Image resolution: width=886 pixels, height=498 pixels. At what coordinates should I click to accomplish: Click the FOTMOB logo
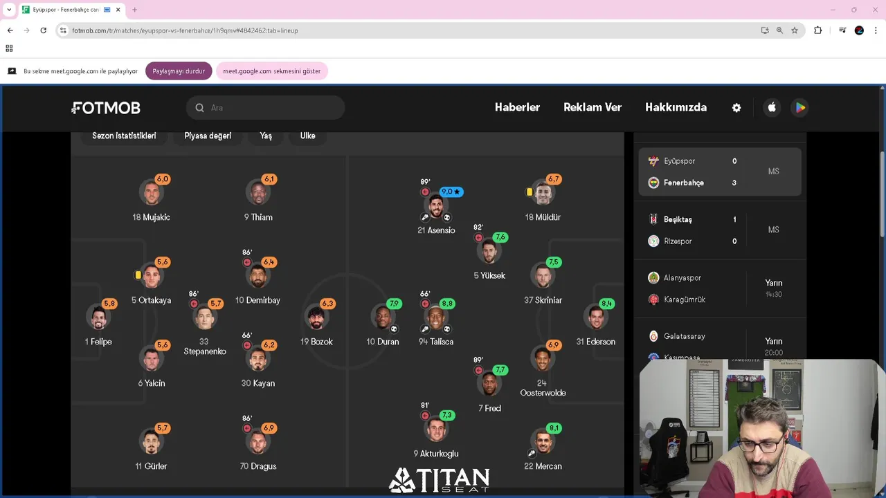tap(107, 108)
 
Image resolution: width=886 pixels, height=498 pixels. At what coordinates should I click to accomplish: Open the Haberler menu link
tap(517, 107)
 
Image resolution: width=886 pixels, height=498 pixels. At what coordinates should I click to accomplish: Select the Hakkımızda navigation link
tap(676, 107)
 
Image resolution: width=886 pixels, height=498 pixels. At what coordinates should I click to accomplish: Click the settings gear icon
tap(736, 108)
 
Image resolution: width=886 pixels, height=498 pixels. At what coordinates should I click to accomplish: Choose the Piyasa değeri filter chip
tap(208, 136)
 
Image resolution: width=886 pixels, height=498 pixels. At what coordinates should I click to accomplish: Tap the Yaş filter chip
tap(266, 136)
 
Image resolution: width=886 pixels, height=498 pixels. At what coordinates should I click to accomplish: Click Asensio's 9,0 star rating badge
tap(451, 192)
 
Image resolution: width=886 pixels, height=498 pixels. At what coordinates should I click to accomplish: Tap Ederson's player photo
tap(596, 317)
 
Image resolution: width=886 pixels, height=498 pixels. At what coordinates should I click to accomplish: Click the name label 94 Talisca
tap(436, 342)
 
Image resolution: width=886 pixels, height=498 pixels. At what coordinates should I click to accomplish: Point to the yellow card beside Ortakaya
tap(138, 275)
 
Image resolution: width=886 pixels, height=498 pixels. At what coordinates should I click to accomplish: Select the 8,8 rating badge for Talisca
tap(446, 304)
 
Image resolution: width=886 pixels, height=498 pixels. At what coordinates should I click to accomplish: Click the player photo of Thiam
tap(258, 193)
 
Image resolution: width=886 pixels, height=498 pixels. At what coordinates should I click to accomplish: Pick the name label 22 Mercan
tap(543, 466)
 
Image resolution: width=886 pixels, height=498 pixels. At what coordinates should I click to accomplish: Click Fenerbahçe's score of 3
tap(734, 183)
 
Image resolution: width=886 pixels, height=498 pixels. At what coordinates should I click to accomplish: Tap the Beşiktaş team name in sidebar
tap(678, 219)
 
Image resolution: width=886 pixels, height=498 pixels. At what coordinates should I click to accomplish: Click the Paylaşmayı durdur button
tap(179, 71)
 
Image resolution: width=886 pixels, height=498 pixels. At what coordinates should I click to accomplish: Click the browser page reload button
tap(43, 30)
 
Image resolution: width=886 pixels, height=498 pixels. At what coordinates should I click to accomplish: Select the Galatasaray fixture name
tap(685, 336)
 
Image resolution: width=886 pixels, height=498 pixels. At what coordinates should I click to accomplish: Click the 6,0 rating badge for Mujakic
tap(163, 179)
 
